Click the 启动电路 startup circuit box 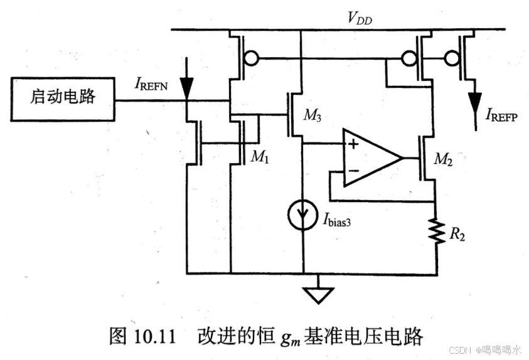[63, 98]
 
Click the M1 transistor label [259, 157]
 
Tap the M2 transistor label [444, 160]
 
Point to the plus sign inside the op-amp [354, 144]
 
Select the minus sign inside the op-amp [354, 171]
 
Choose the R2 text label [456, 236]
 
